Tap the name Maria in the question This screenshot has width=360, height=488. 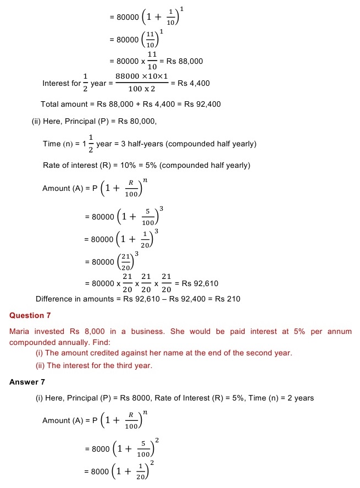[x=20, y=332]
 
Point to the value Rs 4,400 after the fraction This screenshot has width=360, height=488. [x=193, y=83]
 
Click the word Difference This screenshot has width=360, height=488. [x=53, y=299]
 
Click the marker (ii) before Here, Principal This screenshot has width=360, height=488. [x=37, y=121]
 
